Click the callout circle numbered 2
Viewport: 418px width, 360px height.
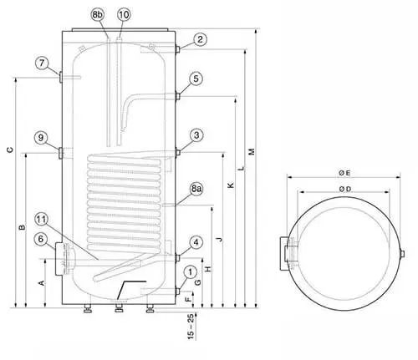(200, 39)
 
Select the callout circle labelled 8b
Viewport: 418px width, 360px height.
(97, 14)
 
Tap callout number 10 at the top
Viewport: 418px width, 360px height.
(124, 14)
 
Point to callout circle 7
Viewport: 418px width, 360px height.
(42, 63)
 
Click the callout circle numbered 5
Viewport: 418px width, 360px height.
(196, 79)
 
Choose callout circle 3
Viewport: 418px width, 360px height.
(196, 135)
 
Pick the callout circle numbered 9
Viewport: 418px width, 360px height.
(41, 138)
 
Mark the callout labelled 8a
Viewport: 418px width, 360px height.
(196, 189)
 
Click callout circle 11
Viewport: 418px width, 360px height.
(41, 220)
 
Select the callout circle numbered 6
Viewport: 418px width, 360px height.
(41, 239)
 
